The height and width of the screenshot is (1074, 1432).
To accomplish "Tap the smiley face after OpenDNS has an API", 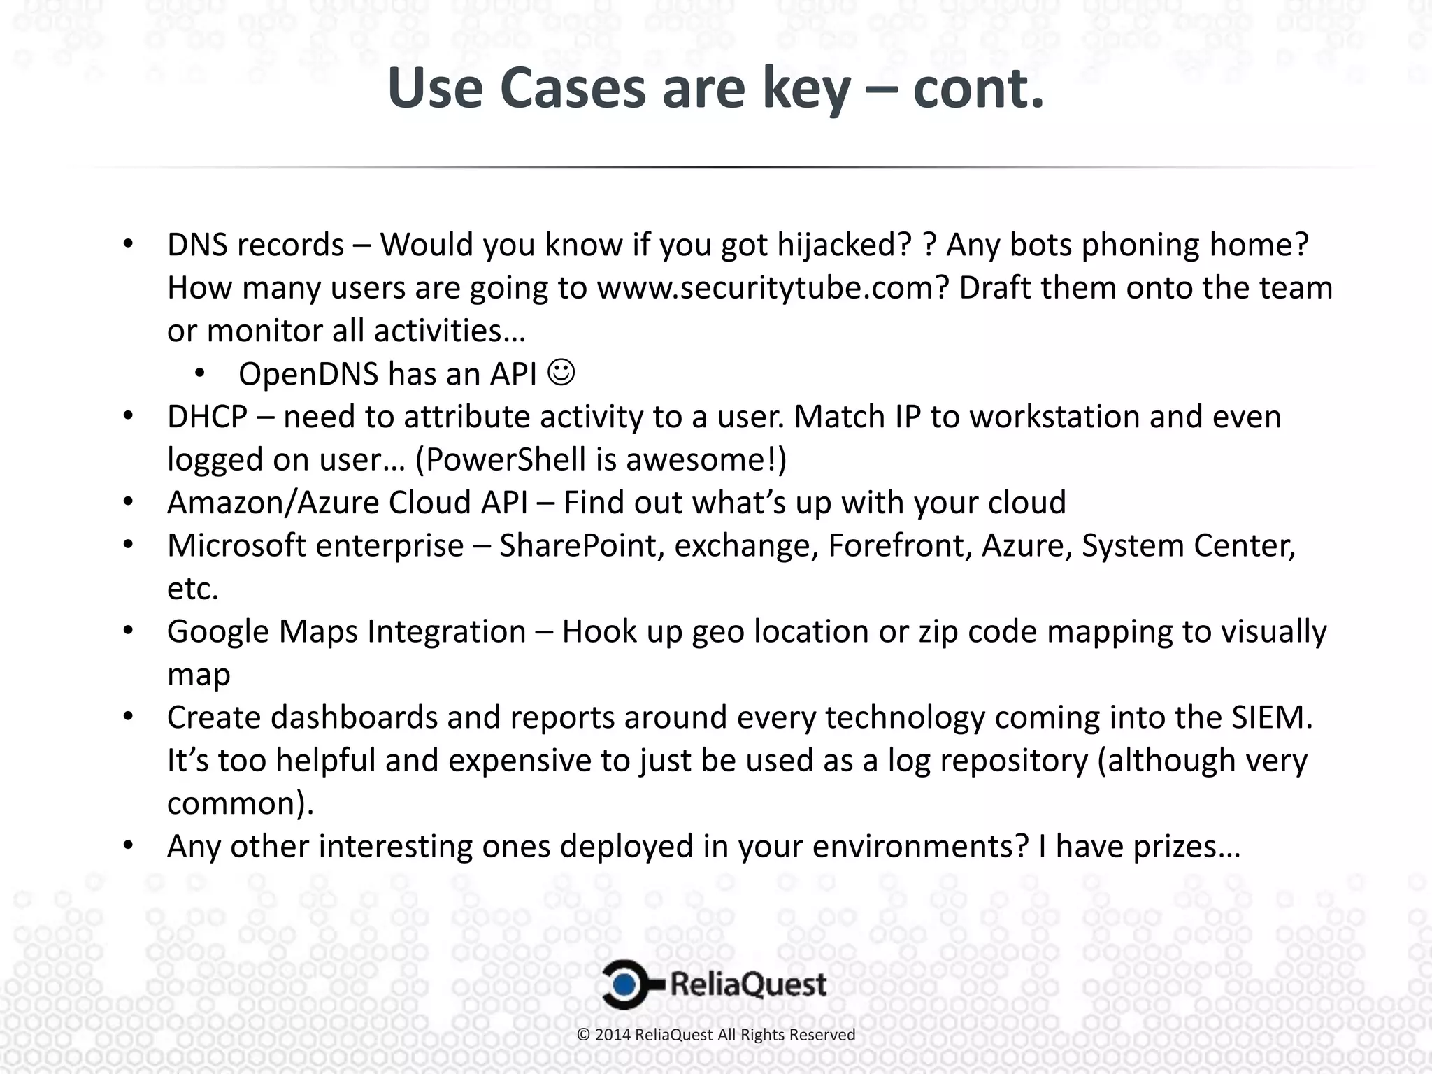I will click(x=561, y=373).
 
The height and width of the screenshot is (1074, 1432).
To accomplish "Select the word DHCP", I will click(x=207, y=417).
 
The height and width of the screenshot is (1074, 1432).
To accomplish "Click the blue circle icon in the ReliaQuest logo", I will click(x=626, y=984).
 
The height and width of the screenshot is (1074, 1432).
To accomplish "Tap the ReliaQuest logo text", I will click(x=748, y=984).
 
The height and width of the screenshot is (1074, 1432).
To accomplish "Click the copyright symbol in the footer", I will click(x=583, y=1035).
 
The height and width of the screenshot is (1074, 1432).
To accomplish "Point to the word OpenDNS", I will click(x=308, y=374).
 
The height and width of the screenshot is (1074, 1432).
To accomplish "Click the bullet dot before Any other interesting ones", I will click(x=127, y=846).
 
